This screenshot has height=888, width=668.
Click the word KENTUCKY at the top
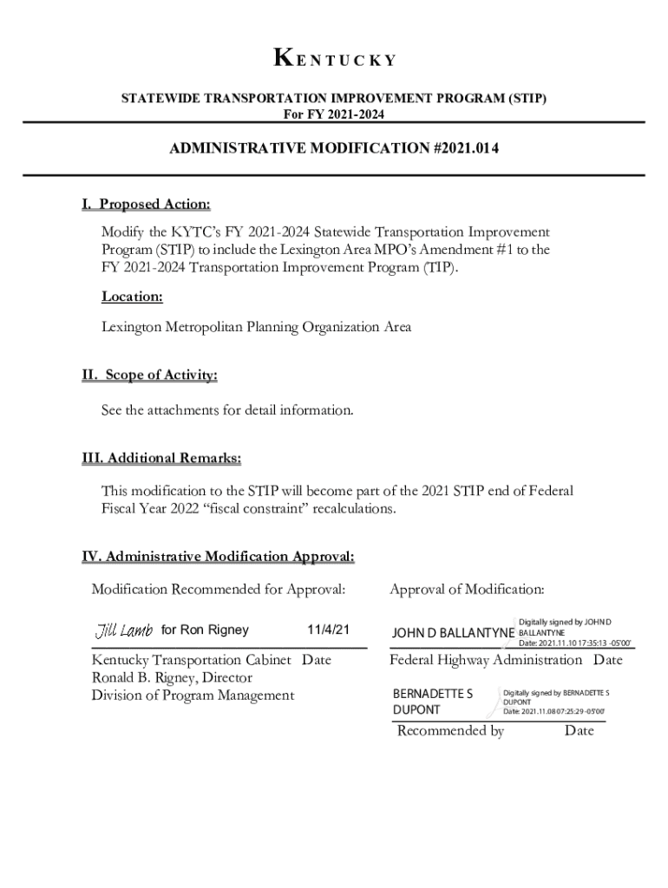(334, 60)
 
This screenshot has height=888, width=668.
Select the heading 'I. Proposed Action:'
(146, 205)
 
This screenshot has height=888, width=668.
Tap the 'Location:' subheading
(132, 297)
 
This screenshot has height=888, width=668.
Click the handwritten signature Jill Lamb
(124, 630)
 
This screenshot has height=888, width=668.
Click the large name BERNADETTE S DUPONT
(433, 702)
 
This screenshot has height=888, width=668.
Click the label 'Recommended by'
(450, 731)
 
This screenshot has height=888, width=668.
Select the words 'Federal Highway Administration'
(486, 661)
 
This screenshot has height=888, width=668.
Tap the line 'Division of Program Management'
(193, 695)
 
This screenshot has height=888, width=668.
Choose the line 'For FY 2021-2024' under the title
(334, 114)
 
